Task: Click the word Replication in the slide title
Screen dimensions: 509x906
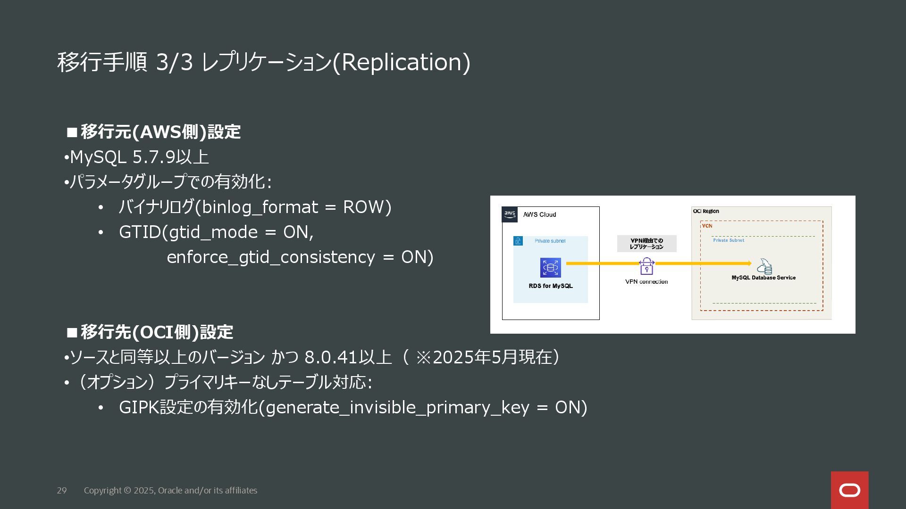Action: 401,62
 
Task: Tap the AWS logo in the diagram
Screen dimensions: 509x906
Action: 510,214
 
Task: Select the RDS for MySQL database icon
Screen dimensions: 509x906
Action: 550,268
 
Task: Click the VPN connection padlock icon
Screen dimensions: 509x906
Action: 646,267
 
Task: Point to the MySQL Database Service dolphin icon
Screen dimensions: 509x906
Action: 764,266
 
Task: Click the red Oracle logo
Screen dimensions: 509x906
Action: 849,490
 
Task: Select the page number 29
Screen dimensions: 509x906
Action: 62,491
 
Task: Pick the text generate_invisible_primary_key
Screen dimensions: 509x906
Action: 397,408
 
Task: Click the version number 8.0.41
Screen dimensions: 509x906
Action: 331,357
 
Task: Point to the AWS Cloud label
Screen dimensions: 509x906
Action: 539,215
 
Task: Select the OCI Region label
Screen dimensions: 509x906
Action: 706,211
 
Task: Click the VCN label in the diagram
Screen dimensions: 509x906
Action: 707,226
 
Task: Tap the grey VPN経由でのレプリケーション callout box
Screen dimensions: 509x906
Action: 646,244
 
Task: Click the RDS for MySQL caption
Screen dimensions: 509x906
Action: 551,286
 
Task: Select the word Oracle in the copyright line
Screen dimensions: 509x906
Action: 170,491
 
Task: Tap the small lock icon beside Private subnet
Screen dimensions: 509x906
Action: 518,241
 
